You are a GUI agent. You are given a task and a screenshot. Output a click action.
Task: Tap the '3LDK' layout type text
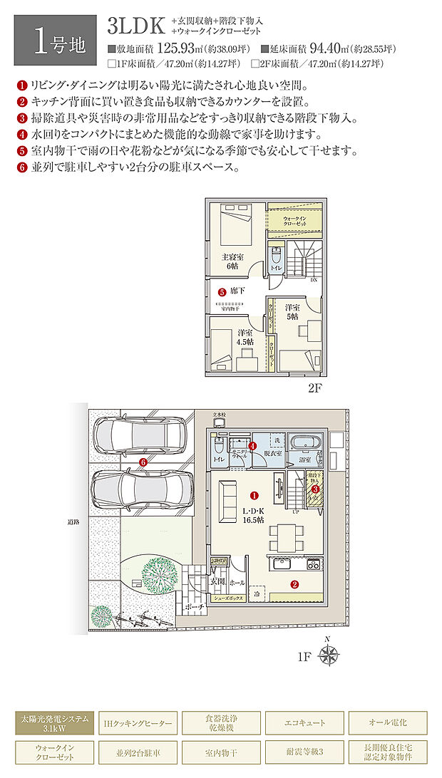click(x=136, y=26)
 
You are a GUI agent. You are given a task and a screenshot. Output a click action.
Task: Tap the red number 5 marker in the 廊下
click(x=222, y=291)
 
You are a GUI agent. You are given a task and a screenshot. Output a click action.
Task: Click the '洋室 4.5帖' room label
click(x=245, y=336)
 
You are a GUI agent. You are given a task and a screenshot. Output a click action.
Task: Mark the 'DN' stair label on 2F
click(x=313, y=280)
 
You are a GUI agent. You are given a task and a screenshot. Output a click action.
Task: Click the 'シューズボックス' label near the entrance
click(x=228, y=599)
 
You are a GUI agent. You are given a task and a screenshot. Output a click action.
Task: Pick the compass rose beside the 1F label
click(x=330, y=655)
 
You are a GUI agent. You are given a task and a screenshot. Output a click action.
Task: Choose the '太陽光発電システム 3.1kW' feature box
click(x=54, y=722)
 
